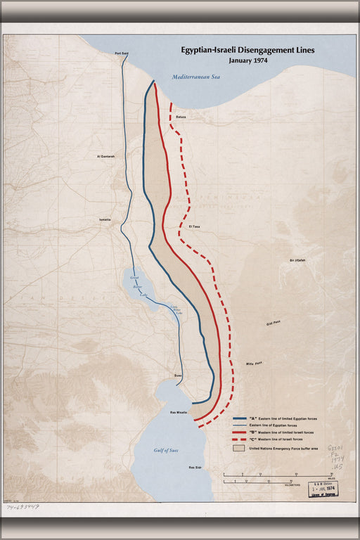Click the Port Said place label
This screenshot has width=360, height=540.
[120, 53]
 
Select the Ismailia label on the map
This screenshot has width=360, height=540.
[105, 219]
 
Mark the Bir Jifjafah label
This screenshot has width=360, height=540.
[297, 260]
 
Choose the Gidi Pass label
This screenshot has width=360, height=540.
[274, 323]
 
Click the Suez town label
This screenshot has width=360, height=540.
[179, 376]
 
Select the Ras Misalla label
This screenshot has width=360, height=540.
[178, 412]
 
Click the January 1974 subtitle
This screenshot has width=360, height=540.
[239, 61]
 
